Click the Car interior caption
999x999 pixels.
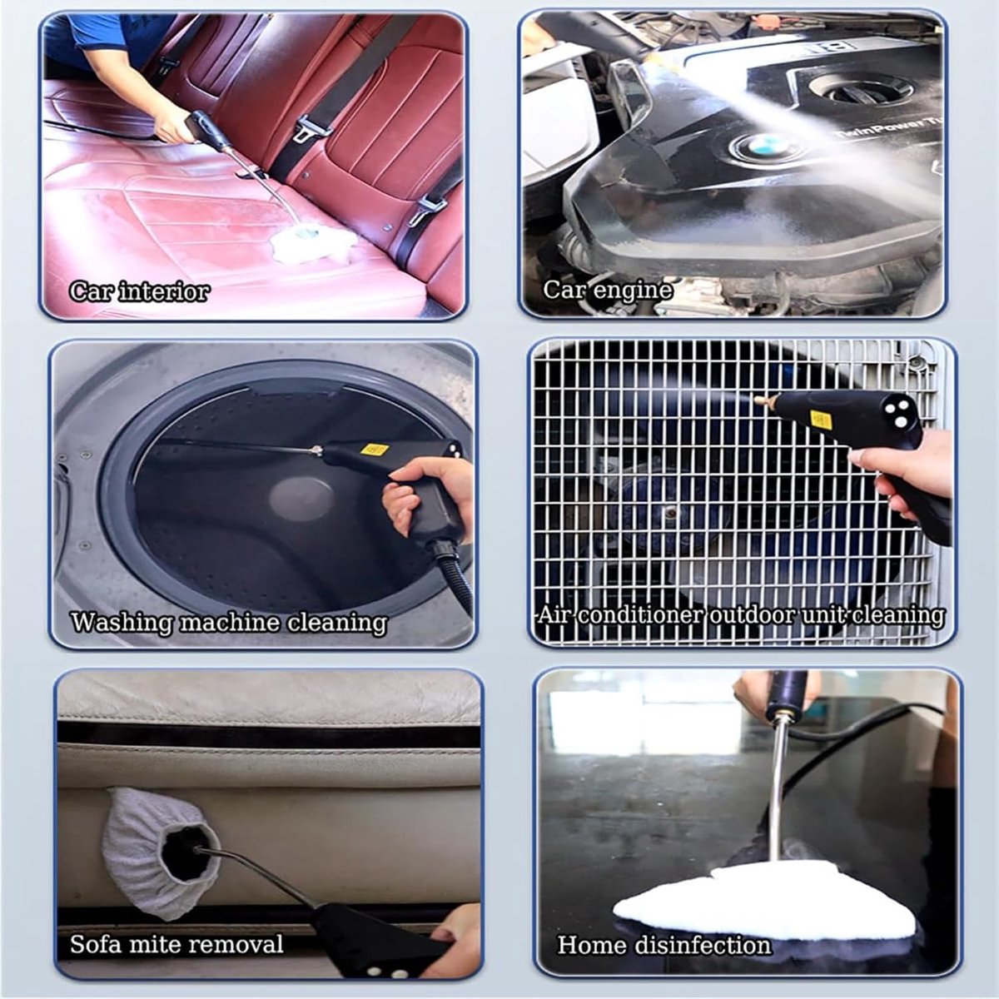(140, 292)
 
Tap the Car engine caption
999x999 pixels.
(608, 291)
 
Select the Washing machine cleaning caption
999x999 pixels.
(229, 622)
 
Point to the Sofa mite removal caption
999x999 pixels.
(176, 930)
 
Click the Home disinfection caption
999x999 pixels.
(664, 931)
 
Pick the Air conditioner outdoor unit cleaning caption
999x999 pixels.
(740, 616)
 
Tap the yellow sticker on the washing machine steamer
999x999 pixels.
(375, 449)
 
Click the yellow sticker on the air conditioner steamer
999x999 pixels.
(821, 419)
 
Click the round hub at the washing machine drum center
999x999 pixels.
(301, 499)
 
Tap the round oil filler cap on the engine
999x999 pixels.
(862, 88)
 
